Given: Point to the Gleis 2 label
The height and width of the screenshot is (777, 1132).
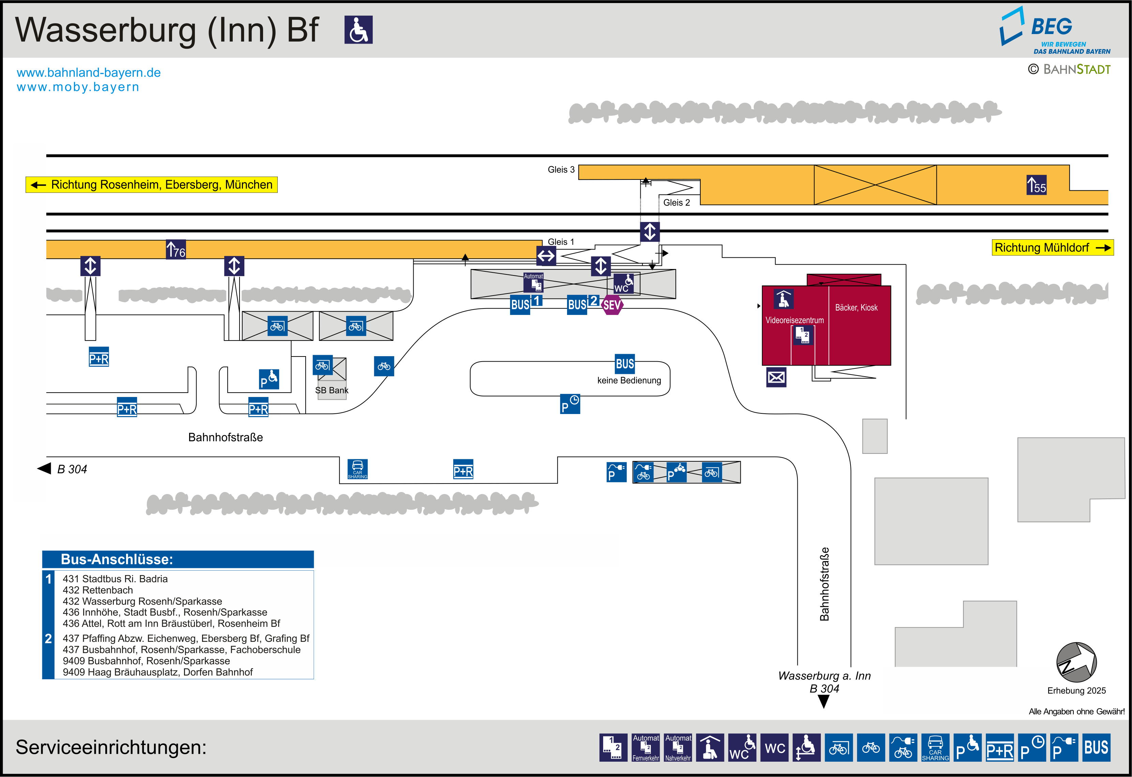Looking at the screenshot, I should pyautogui.click(x=676, y=203).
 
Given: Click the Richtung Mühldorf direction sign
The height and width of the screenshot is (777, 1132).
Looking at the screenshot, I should pyautogui.click(x=1052, y=247).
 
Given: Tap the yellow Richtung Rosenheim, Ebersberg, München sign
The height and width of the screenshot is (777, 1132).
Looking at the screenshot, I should pyautogui.click(x=152, y=185).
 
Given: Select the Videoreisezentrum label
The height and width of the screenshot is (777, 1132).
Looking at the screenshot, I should pyautogui.click(x=794, y=320).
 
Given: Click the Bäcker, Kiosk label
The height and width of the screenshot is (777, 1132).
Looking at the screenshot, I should pyautogui.click(x=856, y=308).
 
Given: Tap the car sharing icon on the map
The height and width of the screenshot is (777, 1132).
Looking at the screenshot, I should pyautogui.click(x=357, y=469).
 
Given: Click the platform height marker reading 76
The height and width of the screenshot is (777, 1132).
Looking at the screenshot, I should pyautogui.click(x=176, y=250).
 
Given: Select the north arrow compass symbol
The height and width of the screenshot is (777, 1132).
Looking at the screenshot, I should pyautogui.click(x=1076, y=663).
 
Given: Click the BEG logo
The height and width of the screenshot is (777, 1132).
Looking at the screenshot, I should pyautogui.click(x=1052, y=30).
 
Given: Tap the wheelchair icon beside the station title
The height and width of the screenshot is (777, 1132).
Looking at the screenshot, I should pyautogui.click(x=358, y=30).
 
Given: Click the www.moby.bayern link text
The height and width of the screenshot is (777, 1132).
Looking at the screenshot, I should pyautogui.click(x=78, y=87).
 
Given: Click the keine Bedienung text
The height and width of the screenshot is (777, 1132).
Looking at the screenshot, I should pyautogui.click(x=629, y=381).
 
